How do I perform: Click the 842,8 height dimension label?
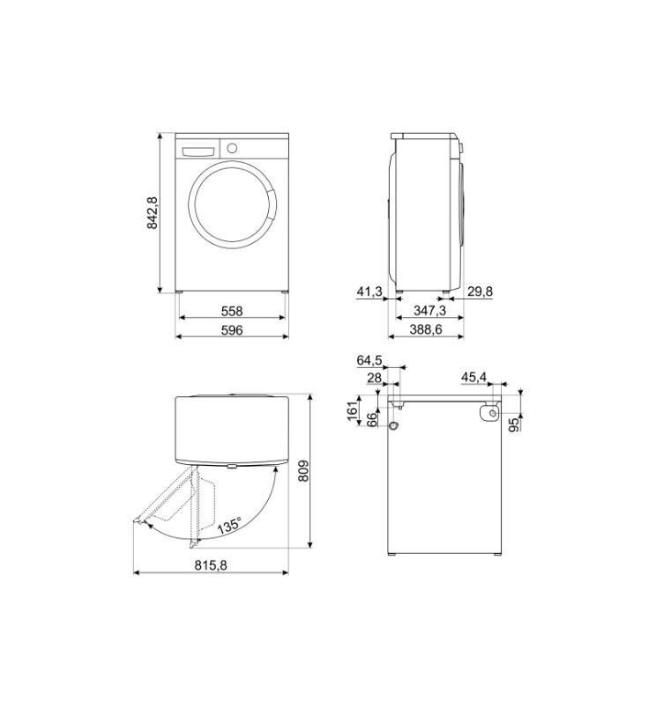click(153, 212)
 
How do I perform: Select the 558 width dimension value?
click(232, 311)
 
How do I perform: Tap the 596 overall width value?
click(232, 330)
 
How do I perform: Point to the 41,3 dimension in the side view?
click(369, 291)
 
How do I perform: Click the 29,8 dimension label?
click(481, 291)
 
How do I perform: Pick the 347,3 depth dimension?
click(429, 311)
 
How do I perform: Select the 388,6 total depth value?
click(426, 330)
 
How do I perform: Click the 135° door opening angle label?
click(228, 527)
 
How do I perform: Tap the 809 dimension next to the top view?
click(303, 470)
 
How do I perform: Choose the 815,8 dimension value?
click(211, 564)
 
